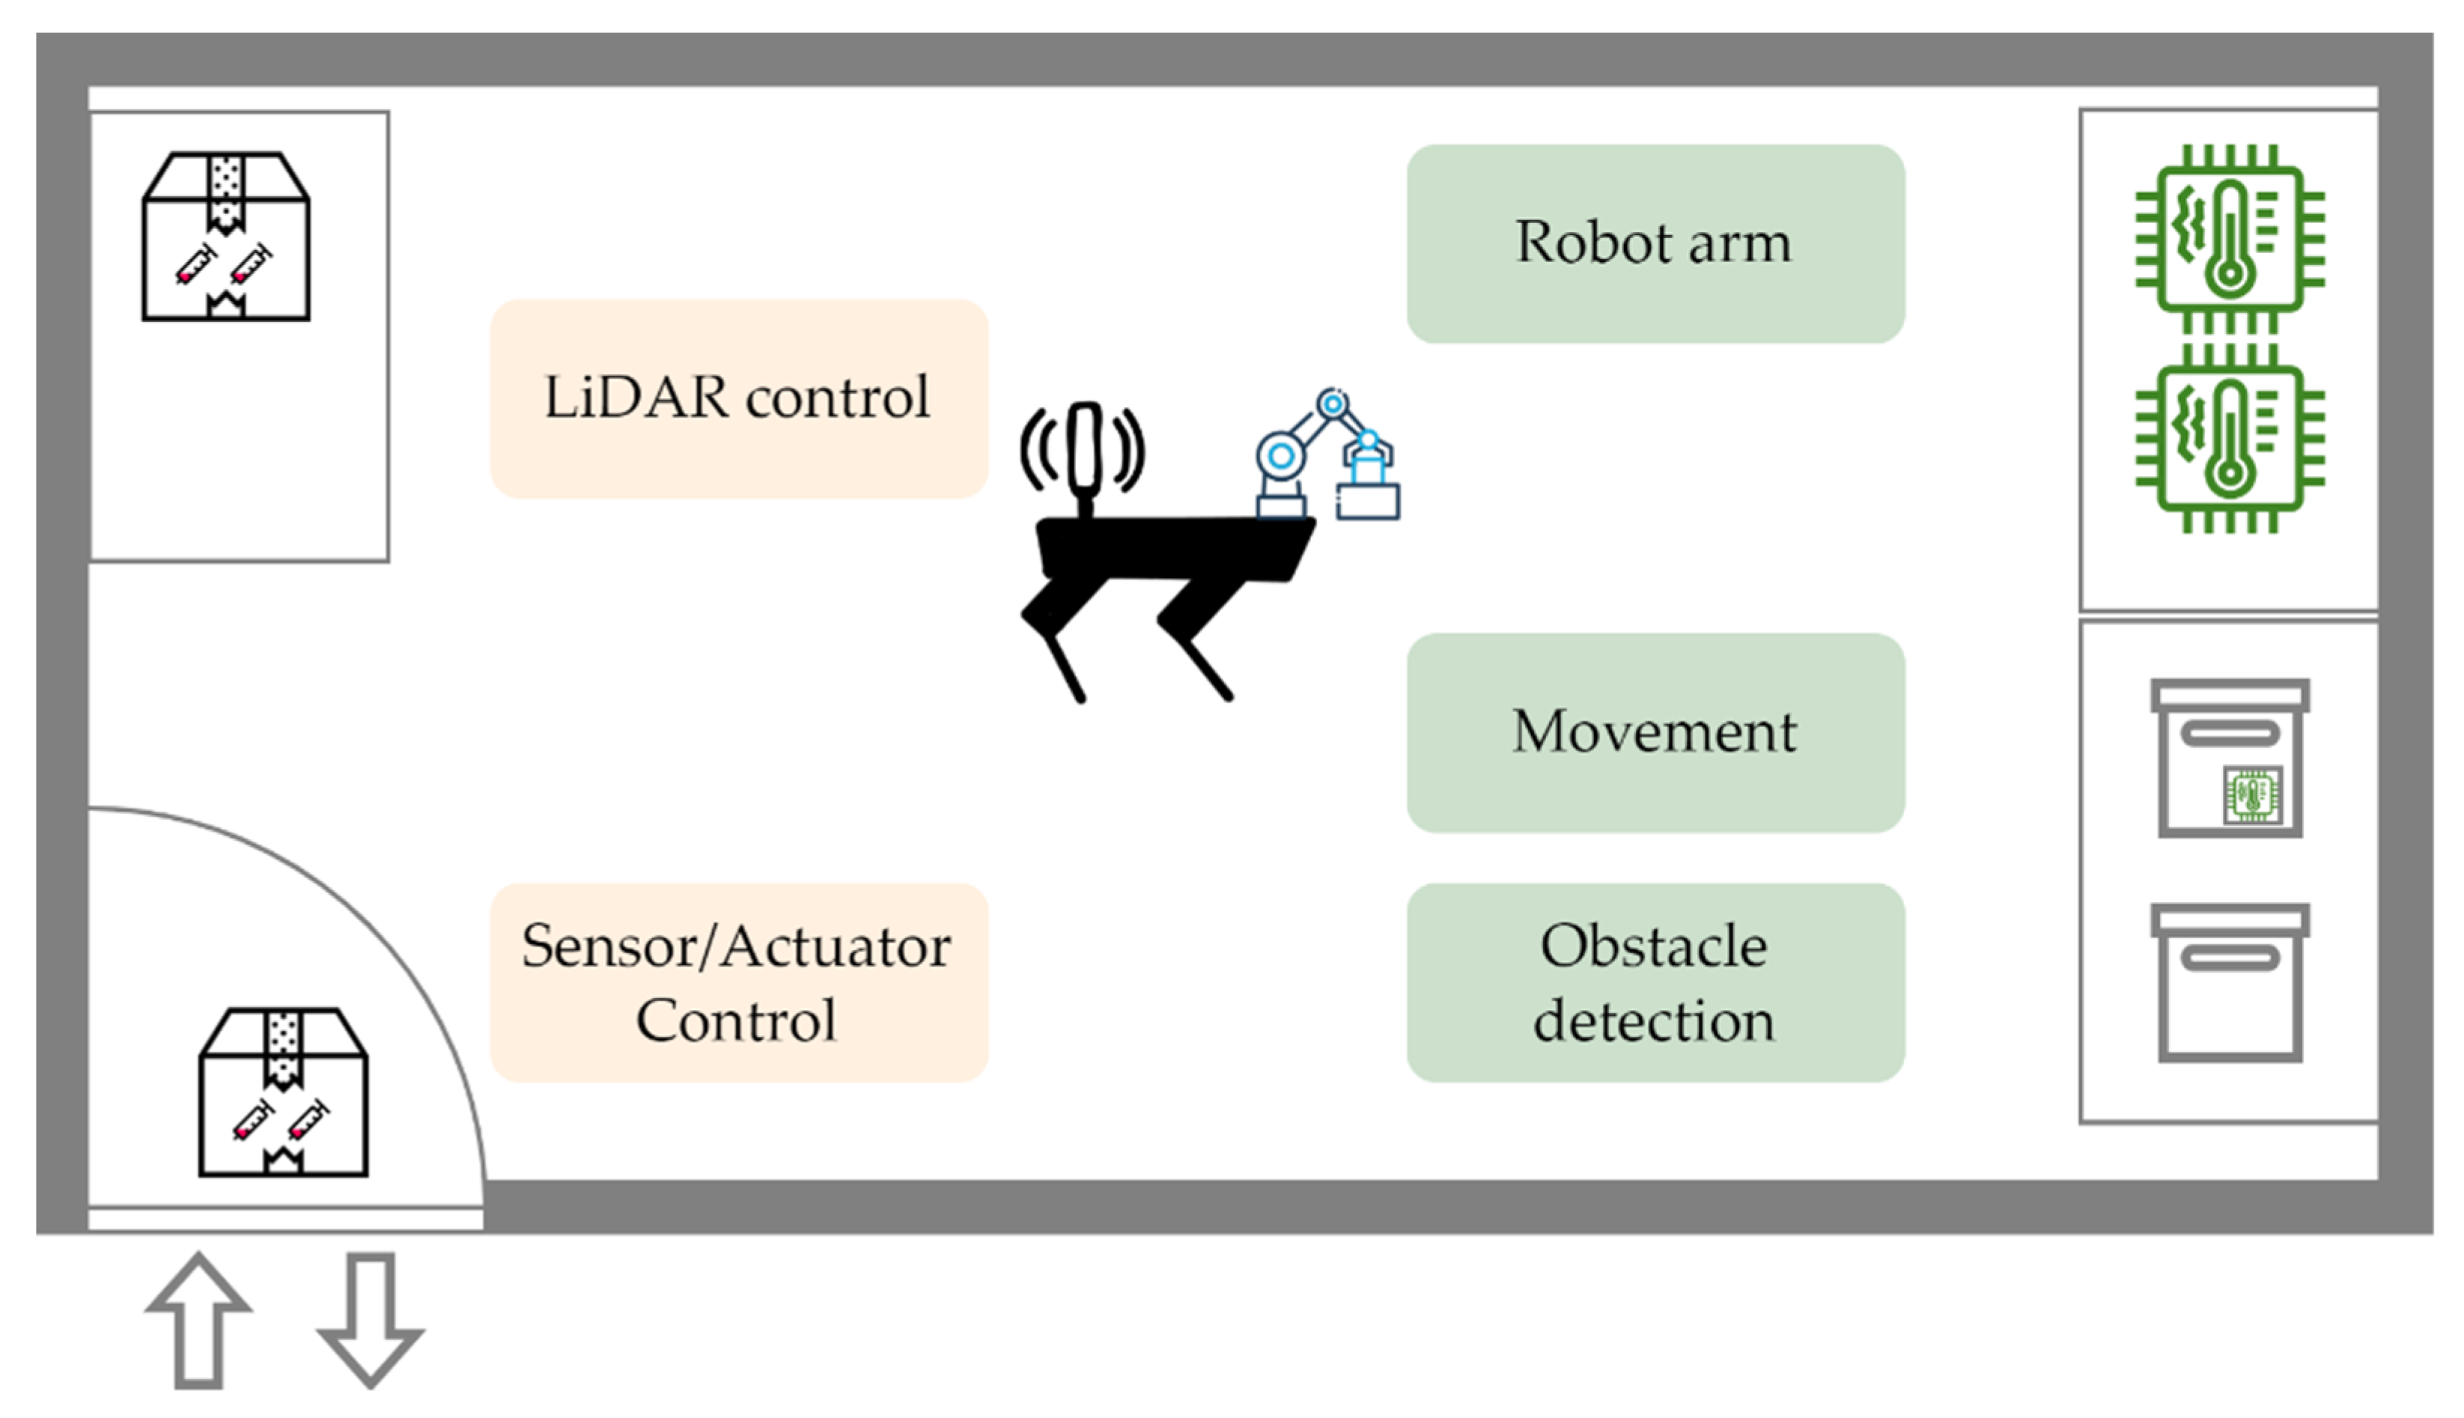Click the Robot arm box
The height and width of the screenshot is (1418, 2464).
(1655, 243)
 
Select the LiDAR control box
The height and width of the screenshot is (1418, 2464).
(738, 398)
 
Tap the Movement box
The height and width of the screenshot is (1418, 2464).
(1655, 732)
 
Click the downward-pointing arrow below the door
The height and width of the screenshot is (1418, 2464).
(370, 1320)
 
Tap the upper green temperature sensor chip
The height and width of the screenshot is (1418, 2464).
(2230, 239)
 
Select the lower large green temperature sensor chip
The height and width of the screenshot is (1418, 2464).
(2230, 438)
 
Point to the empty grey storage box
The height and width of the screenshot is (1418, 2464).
(2230, 984)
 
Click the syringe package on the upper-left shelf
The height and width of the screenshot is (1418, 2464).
(226, 237)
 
